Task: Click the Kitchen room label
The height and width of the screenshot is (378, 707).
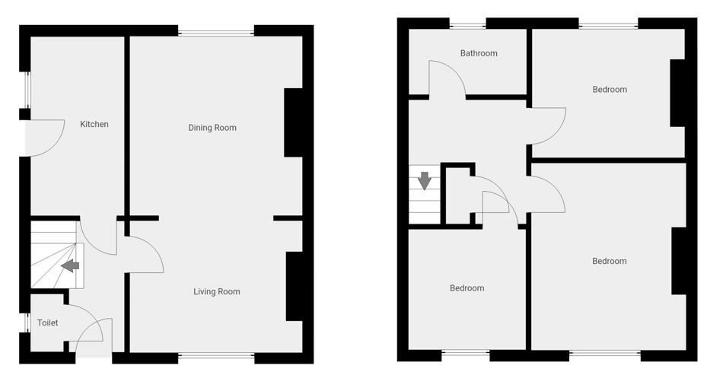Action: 94,124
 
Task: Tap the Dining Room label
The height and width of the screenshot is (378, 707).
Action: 212,128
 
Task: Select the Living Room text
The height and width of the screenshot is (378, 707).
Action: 217,291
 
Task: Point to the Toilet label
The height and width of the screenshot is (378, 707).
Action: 48,323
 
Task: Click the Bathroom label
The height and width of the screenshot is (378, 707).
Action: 479,53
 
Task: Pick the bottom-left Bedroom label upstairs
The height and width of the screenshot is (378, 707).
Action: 467,288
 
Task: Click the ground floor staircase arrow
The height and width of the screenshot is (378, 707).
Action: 70,265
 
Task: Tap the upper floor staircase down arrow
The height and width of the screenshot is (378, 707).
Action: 425,181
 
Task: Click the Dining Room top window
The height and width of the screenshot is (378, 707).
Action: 217,32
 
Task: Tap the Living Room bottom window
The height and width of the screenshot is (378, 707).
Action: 217,355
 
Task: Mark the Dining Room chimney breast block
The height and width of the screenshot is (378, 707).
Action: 294,122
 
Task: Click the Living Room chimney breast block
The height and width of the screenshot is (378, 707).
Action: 295,285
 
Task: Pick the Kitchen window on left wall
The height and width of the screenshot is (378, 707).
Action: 26,91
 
